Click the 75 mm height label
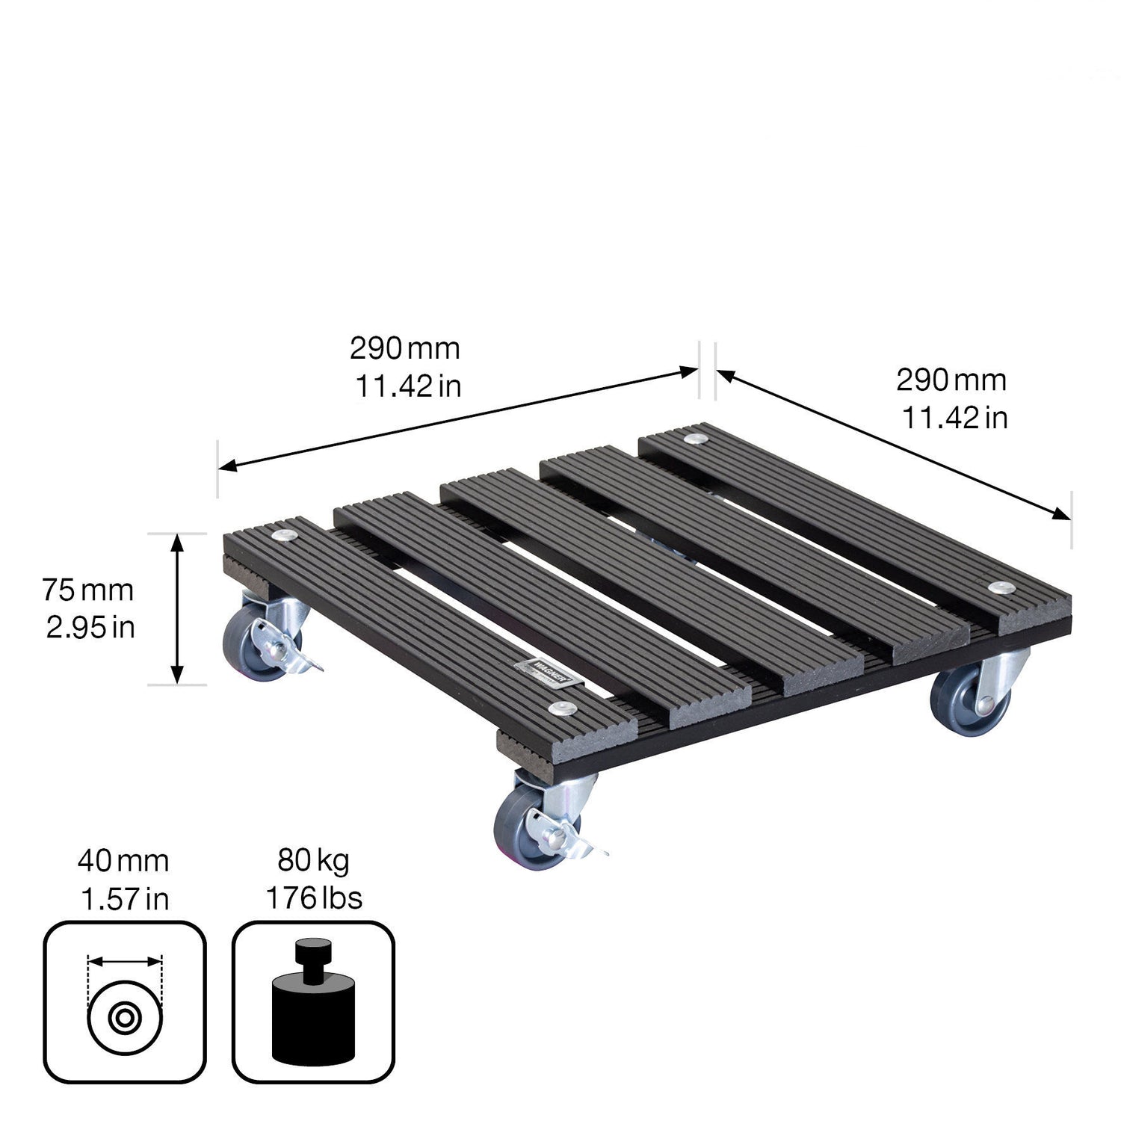pos(87,590)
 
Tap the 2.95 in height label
pos(90,628)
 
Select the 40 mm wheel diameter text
pos(123,862)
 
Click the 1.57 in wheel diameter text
pos(125,899)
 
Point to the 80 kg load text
pos(313,861)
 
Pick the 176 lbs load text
pos(314,898)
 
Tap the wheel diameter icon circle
pos(125,1017)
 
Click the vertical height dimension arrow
pos(177,608)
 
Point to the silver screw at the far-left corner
pos(285,535)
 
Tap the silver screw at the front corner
pos(557,708)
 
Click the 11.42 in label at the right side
pos(954,418)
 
